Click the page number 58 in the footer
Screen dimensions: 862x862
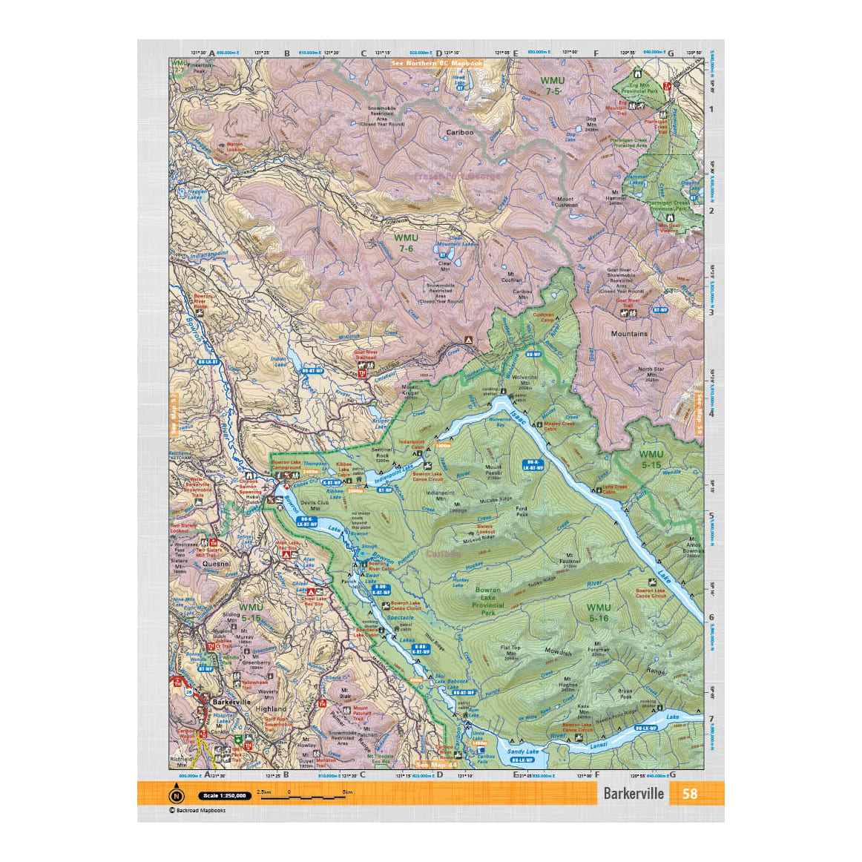tap(690, 794)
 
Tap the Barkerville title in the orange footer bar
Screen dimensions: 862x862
tap(633, 794)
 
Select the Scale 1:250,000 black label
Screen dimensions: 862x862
tap(223, 796)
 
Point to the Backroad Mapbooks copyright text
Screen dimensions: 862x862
tap(197, 810)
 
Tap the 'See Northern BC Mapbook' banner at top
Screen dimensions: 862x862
tap(438, 64)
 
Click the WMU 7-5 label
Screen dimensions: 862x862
tap(553, 85)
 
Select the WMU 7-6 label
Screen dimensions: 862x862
tap(406, 243)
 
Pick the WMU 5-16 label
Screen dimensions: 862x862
tap(599, 613)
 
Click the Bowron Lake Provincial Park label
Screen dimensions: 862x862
tap(488, 601)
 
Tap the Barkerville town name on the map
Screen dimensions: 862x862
tap(231, 702)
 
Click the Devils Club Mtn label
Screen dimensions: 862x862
tap(315, 505)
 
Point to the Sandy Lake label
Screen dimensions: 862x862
tap(522, 751)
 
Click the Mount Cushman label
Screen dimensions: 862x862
tap(565, 202)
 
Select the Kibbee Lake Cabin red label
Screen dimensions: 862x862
tap(344, 467)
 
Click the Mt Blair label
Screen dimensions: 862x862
tap(346, 693)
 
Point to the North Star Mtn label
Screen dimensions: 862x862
tap(651, 372)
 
